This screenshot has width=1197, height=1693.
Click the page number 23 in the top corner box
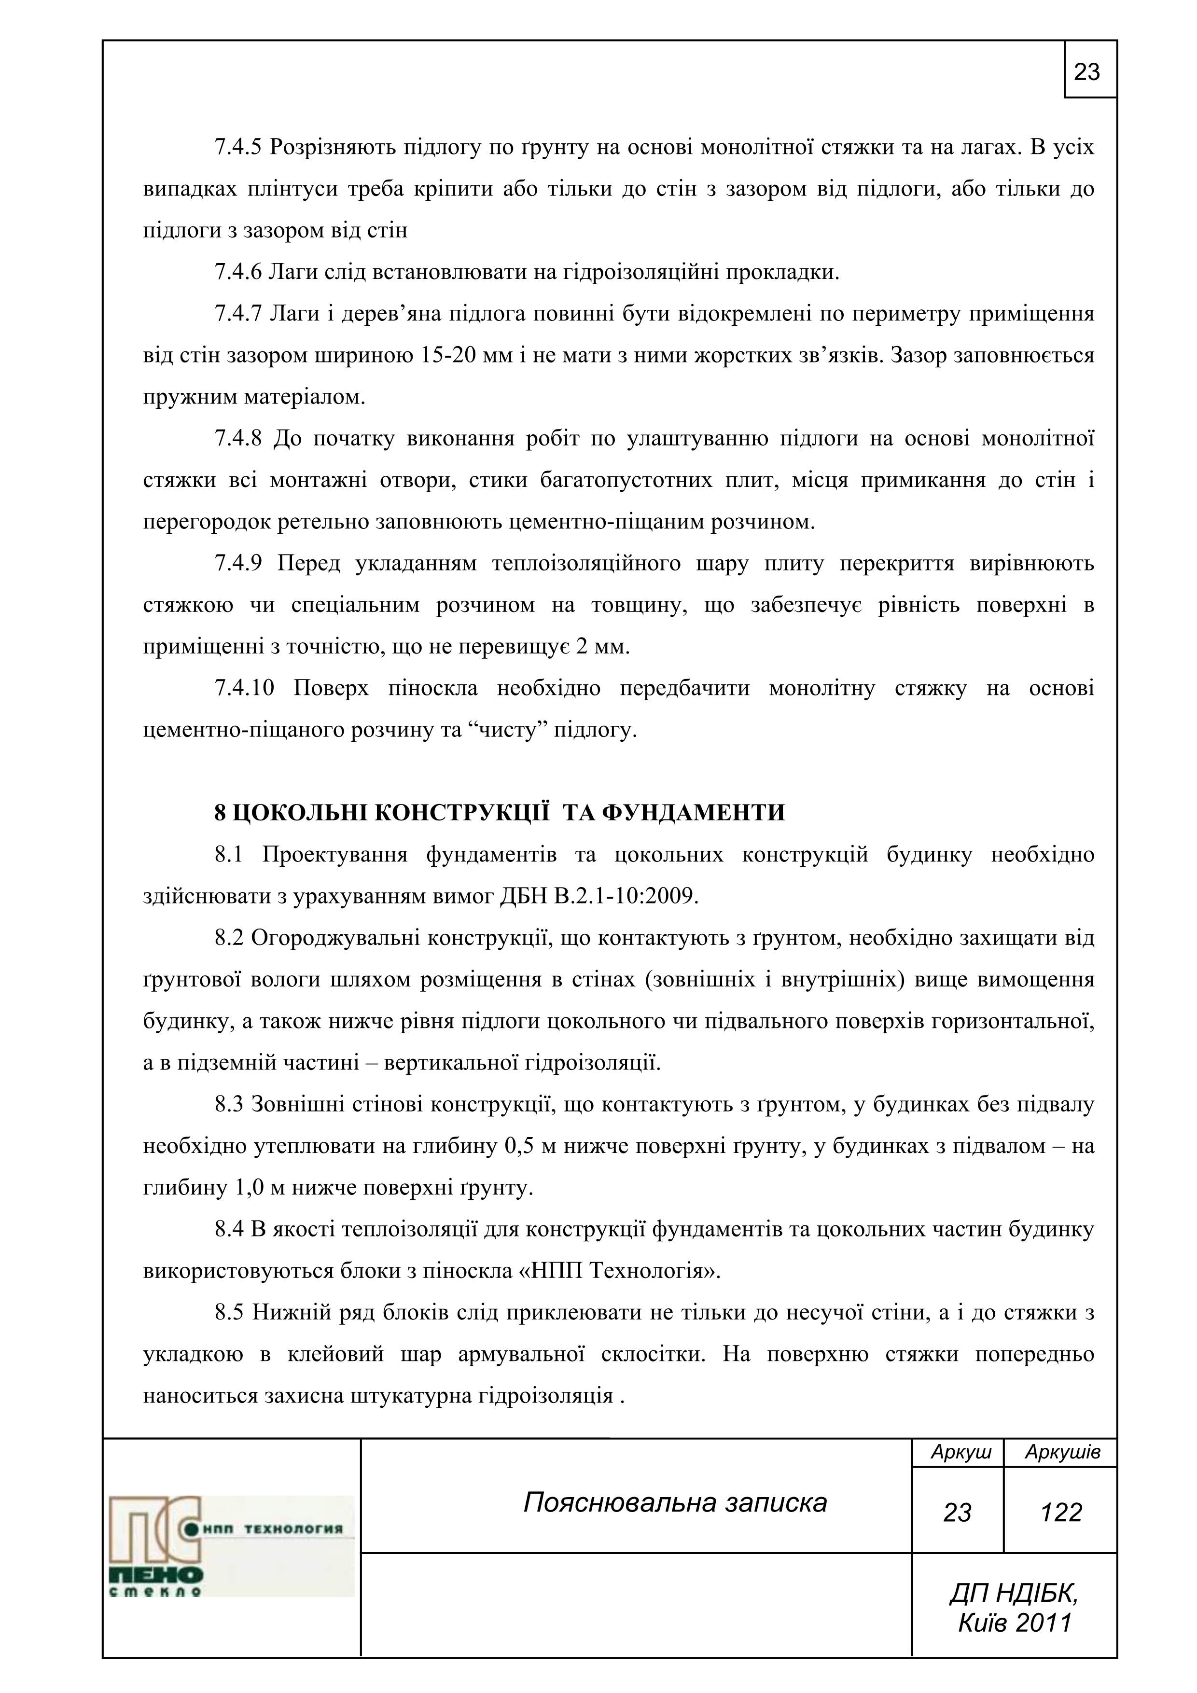1087,72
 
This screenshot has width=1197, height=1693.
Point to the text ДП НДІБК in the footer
1014,1594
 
